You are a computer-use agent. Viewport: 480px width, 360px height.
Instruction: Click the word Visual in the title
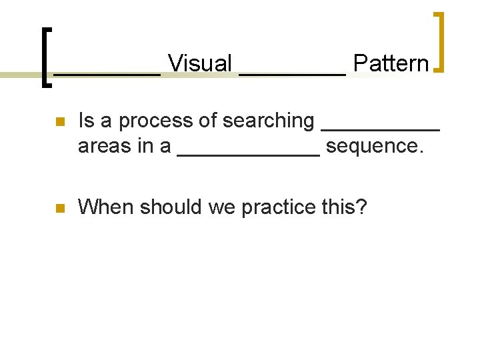199,64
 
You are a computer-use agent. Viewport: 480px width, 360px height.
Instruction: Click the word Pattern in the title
391,64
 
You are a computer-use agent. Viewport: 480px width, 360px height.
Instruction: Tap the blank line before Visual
107,72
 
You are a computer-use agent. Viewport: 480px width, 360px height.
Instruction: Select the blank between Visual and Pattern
292,72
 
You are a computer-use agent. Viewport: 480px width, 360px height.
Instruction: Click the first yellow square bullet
59,122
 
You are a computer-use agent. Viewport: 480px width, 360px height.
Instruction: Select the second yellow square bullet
59,209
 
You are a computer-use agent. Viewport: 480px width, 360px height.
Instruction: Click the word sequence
375,147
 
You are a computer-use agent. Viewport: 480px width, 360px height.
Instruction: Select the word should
167,207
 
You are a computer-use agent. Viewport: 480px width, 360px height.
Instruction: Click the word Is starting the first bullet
85,121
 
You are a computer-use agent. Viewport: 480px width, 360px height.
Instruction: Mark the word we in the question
222,208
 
